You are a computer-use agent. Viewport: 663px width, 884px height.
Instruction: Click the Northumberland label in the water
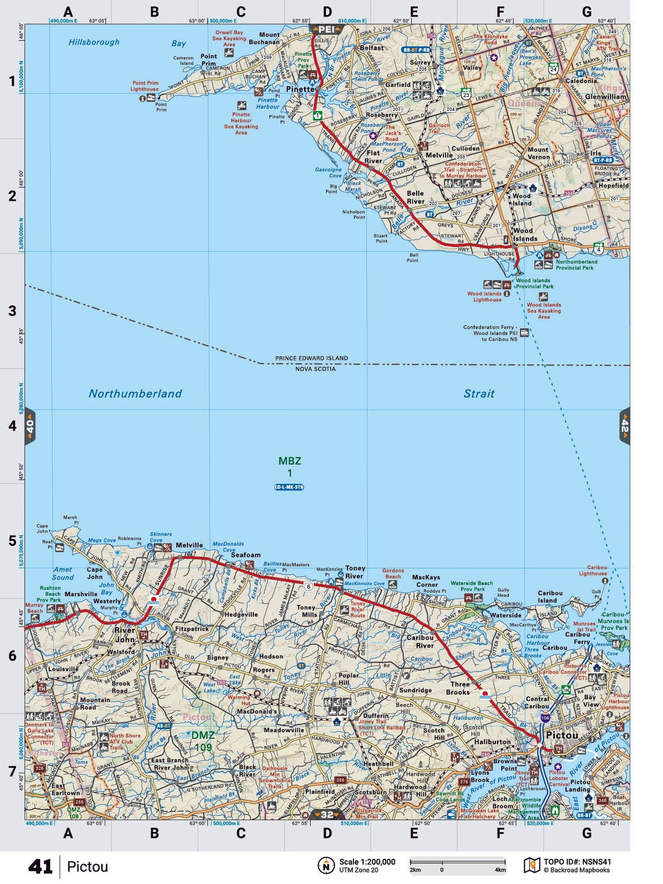135,393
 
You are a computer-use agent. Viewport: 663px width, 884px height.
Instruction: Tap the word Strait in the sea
479,393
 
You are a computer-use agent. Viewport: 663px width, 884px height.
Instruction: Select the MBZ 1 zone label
289,467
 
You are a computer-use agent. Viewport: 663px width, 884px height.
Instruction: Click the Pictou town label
562,735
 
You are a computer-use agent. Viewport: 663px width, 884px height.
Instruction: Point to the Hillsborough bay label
94,42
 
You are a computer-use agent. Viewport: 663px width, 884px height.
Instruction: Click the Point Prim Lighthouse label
145,86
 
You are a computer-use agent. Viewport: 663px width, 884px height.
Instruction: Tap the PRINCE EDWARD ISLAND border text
311,358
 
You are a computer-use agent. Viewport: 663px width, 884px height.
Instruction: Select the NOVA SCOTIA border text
315,369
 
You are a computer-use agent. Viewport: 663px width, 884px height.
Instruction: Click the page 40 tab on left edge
30,426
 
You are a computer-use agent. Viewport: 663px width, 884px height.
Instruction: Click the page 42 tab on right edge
624,426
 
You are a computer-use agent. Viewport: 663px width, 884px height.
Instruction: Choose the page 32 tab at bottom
327,815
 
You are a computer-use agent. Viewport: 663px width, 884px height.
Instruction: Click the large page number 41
40,867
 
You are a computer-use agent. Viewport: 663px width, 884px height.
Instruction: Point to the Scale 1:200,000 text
367,862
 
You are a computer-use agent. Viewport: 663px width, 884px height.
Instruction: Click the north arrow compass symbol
326,865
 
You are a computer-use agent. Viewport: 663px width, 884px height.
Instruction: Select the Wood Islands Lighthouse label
484,297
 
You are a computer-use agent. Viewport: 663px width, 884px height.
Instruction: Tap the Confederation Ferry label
490,333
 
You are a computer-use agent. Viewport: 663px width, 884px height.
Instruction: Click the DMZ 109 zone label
202,741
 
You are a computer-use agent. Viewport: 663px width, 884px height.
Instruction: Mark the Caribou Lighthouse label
593,570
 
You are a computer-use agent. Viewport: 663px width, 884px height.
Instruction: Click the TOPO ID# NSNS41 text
577,862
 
